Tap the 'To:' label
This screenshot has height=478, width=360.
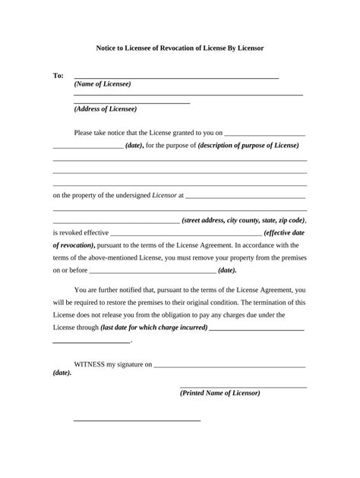[x=58, y=77]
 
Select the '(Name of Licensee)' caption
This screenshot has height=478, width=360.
[x=103, y=83]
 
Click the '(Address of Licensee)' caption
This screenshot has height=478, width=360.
[x=106, y=108]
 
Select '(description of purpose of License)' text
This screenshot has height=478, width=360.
[x=248, y=145]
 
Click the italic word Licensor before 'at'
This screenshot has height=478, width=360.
[x=164, y=195]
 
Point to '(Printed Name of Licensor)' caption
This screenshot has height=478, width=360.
[x=220, y=393]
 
